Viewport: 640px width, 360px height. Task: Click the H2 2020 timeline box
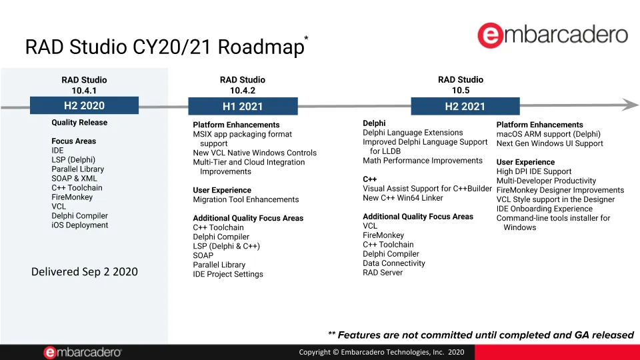coord(84,106)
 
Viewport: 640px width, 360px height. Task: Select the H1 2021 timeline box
coord(243,106)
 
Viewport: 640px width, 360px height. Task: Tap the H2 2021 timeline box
coord(465,106)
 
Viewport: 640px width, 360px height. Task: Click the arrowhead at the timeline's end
coord(631,105)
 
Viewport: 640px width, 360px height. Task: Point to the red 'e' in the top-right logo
coord(490,35)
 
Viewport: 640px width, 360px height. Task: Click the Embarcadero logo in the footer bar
coord(83,352)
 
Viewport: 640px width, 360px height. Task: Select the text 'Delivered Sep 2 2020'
coord(85,272)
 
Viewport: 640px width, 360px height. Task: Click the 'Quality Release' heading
coord(79,123)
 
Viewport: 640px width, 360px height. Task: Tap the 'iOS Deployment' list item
coord(79,225)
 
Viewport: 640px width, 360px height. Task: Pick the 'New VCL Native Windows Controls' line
coord(255,153)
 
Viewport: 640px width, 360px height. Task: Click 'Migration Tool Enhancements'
coord(246,199)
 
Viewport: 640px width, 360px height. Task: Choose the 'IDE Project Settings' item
coord(228,274)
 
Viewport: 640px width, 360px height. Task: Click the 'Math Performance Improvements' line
coord(423,161)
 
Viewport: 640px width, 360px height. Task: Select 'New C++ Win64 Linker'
coord(403,198)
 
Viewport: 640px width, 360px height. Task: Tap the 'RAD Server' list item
coord(383,273)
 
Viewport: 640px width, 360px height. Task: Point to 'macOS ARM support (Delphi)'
coord(549,134)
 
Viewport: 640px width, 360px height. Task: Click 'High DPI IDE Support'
coord(534,171)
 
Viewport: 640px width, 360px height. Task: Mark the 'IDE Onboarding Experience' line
coord(545,209)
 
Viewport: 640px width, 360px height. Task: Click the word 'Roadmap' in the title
coord(261,47)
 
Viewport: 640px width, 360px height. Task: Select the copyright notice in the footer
coord(381,352)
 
